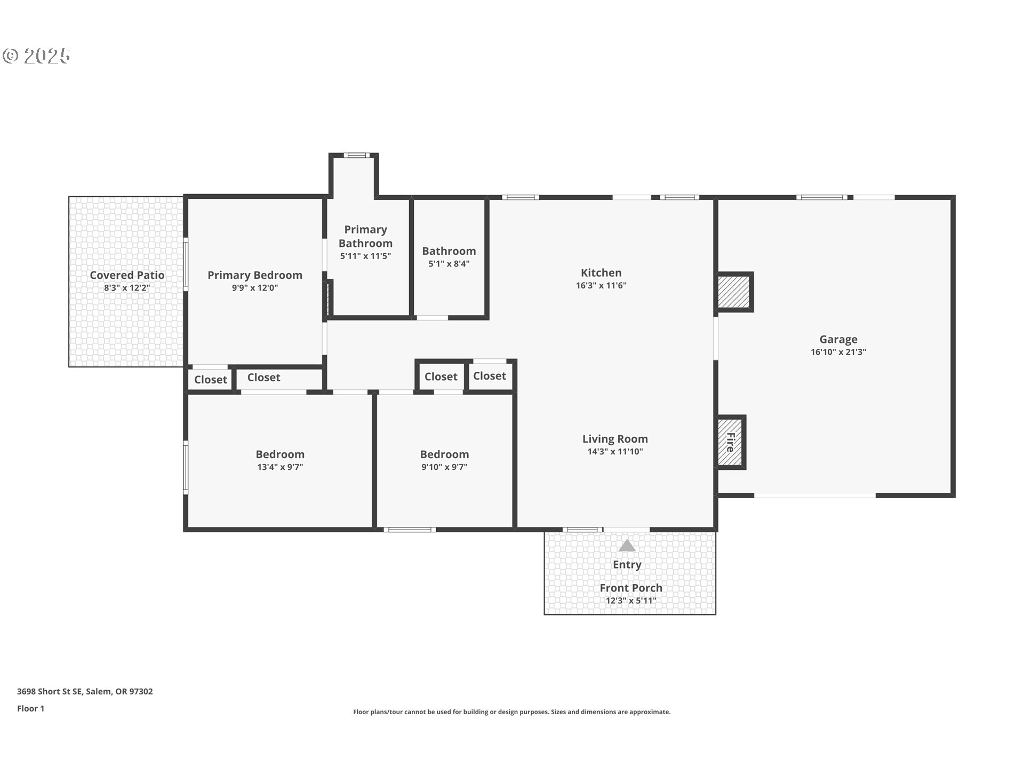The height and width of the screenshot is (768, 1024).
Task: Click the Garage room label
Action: (x=838, y=339)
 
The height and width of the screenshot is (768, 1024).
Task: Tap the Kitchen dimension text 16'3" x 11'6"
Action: (x=601, y=285)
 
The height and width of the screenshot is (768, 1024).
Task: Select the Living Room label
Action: (x=615, y=439)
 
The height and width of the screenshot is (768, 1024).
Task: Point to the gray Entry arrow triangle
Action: (x=627, y=546)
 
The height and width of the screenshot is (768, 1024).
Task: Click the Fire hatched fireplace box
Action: (x=730, y=442)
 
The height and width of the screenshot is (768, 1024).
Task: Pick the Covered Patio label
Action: (x=127, y=275)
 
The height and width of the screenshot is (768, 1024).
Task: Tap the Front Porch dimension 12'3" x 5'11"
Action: (x=631, y=601)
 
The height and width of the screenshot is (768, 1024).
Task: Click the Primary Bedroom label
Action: (x=255, y=275)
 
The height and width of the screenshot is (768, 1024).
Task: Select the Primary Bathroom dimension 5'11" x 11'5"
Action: (x=365, y=256)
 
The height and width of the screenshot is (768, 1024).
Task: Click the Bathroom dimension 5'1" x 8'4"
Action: (x=449, y=263)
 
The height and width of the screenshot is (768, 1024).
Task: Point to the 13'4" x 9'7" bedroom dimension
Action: (x=280, y=467)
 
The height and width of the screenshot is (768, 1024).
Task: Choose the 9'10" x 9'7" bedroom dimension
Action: (x=444, y=467)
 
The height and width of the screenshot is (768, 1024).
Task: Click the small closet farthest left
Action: (x=210, y=380)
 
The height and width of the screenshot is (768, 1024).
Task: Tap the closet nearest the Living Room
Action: (x=490, y=376)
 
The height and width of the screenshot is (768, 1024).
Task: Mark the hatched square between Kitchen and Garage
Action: (x=734, y=292)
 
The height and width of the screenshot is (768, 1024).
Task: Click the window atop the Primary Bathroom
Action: (x=356, y=156)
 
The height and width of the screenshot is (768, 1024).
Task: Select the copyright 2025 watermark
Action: (x=36, y=55)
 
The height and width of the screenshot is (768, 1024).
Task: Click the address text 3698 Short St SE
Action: (x=50, y=692)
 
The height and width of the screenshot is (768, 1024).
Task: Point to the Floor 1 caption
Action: (x=31, y=709)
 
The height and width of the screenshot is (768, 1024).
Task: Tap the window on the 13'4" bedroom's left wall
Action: (x=186, y=467)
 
